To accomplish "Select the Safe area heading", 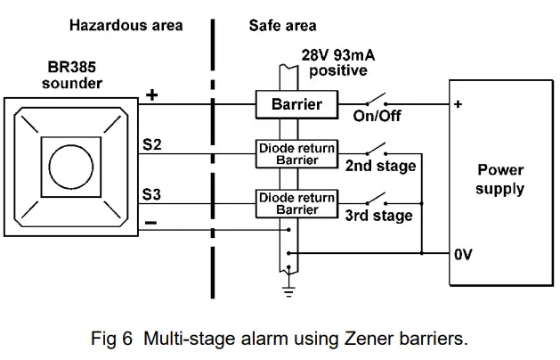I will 282,25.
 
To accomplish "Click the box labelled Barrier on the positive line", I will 296,105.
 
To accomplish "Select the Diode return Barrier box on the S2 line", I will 296,153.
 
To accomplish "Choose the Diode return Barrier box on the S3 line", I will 296,203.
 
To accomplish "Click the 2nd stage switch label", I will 380,166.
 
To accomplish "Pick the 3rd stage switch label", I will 378,216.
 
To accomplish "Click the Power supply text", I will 499,179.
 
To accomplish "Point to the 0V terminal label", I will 462,254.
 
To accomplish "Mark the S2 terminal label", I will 152,143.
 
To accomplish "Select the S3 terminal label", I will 152,192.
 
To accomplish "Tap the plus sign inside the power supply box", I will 458,104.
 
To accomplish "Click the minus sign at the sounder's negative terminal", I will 151,223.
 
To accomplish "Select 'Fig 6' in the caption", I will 111,339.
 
